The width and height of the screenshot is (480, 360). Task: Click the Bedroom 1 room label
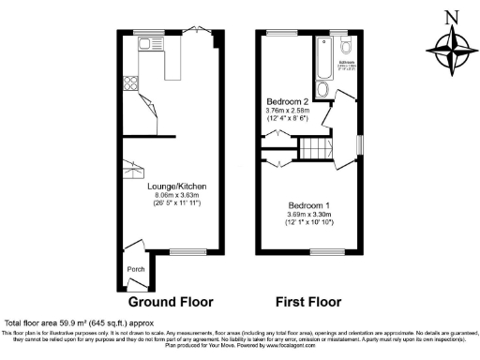coord(308,205)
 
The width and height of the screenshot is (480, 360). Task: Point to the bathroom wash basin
coord(322,90)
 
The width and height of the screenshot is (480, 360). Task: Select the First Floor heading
coord(307,302)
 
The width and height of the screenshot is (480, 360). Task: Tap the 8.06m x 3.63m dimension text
coord(176,195)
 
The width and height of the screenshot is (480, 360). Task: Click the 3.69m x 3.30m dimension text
coord(308,214)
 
